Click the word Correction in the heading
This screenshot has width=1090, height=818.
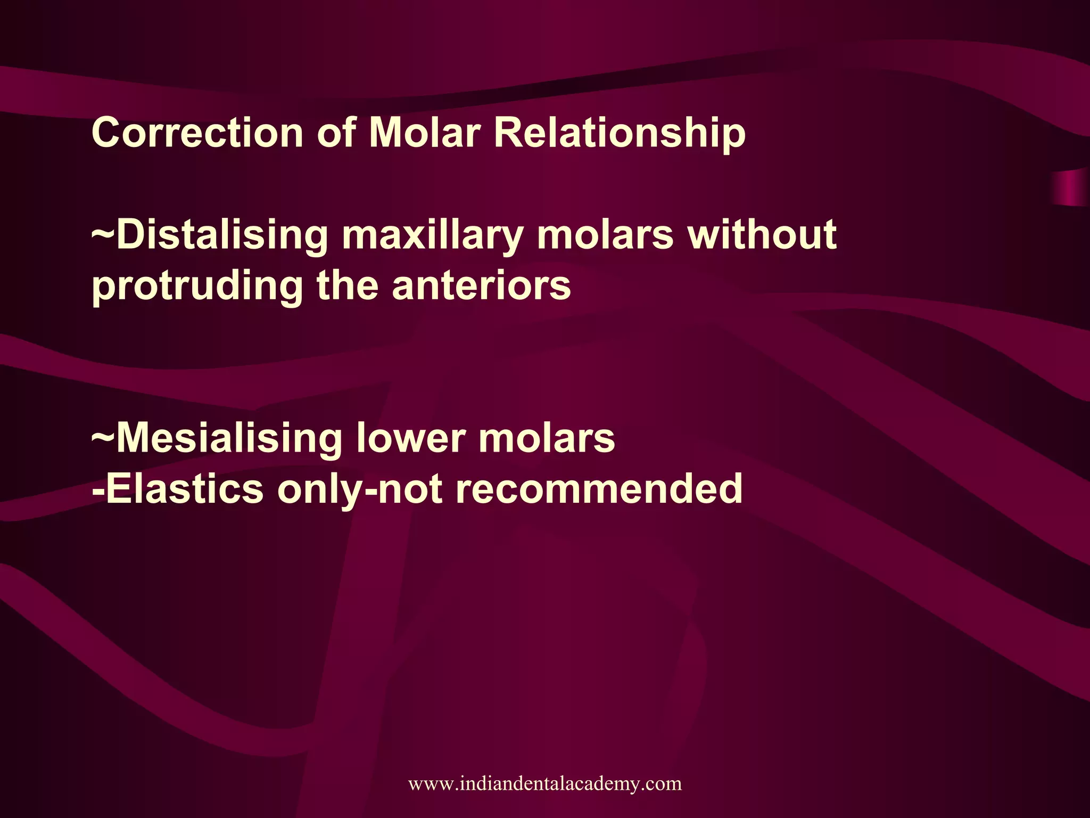click(x=197, y=133)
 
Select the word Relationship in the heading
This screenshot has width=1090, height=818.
click(x=620, y=133)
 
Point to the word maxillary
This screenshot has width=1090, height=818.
click(x=433, y=236)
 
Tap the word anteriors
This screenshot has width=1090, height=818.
click(x=481, y=285)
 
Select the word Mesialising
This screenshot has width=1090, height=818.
click(x=229, y=438)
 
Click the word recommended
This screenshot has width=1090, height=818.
click(x=599, y=489)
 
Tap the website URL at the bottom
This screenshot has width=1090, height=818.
click(x=544, y=783)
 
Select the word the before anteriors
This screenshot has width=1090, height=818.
click(x=348, y=285)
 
